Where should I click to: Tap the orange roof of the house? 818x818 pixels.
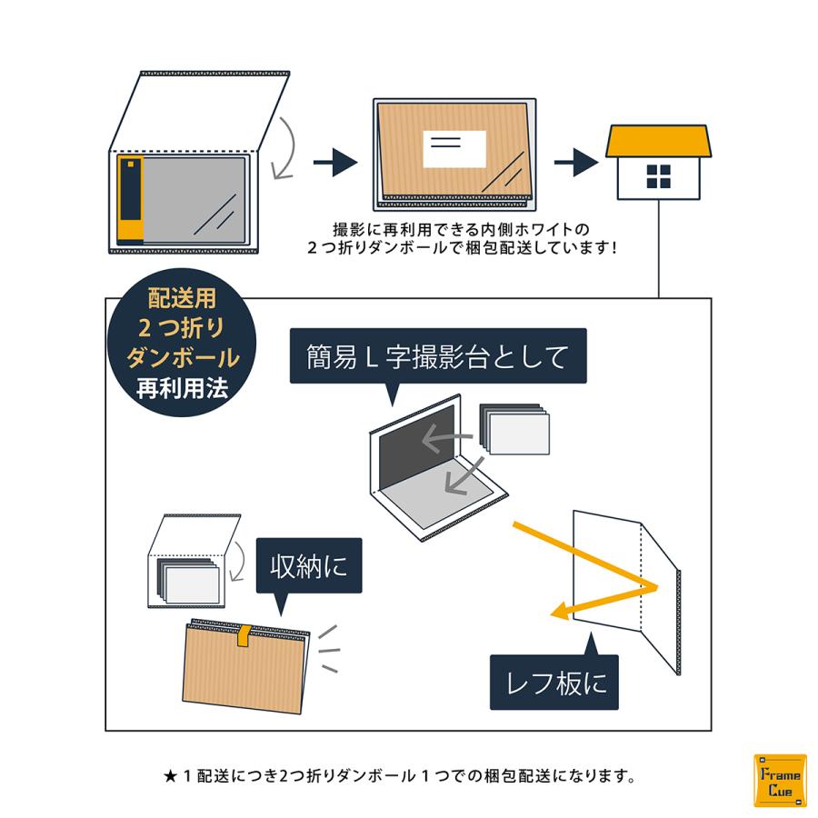[658, 140]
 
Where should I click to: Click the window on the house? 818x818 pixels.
[658, 176]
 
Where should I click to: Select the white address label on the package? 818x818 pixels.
[454, 148]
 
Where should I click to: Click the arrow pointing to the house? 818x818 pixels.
[575, 163]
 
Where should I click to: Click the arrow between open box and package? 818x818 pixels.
[334, 163]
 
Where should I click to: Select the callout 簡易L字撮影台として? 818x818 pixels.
[437, 355]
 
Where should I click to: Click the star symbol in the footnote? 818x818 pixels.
[170, 776]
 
